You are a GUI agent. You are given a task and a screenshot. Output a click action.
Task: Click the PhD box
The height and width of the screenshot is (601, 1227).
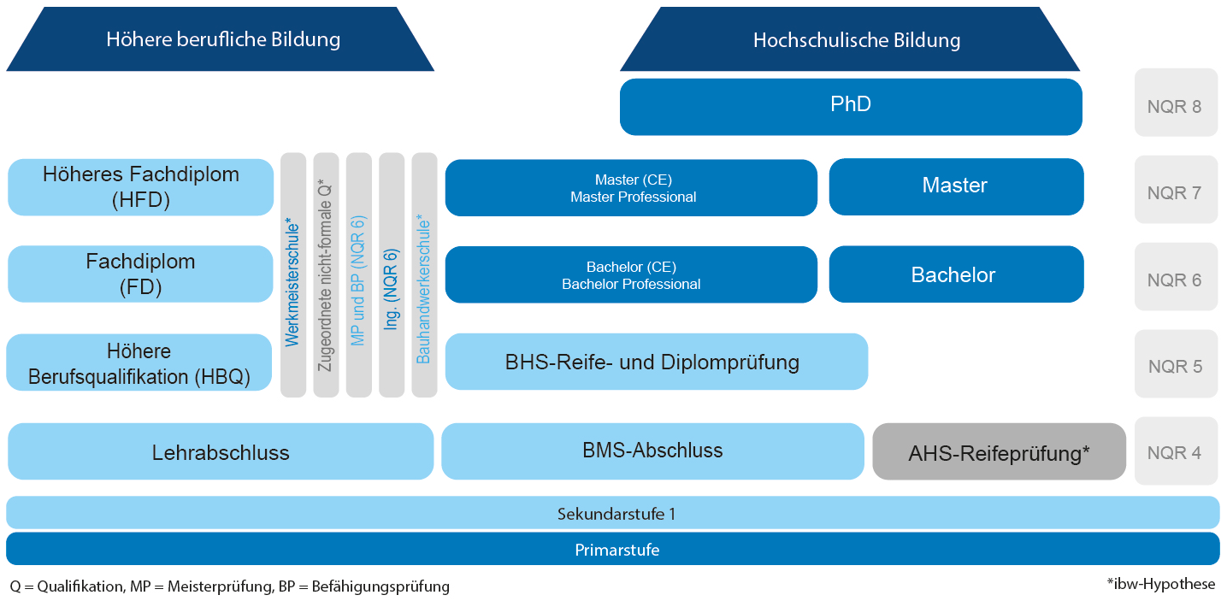(x=851, y=107)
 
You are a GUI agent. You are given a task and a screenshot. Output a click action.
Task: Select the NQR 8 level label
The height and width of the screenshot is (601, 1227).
(x=1176, y=103)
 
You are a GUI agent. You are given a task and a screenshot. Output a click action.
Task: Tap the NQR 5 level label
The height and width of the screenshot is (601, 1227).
(x=1176, y=364)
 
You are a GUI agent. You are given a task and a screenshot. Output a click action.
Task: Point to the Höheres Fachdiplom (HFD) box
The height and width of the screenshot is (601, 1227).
(x=140, y=187)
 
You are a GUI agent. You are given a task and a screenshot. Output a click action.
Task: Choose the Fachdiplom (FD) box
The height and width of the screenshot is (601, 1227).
(x=140, y=274)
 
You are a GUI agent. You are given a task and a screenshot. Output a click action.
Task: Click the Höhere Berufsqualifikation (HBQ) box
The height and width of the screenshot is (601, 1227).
(x=139, y=362)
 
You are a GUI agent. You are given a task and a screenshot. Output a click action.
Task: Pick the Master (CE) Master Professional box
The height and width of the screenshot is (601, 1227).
(x=631, y=188)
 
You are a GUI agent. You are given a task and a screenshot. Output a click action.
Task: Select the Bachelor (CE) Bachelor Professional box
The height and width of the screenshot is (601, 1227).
(x=631, y=274)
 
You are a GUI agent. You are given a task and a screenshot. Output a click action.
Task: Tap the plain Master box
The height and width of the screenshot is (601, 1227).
(x=957, y=187)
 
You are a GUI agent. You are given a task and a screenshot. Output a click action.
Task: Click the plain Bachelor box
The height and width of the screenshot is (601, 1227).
(x=957, y=274)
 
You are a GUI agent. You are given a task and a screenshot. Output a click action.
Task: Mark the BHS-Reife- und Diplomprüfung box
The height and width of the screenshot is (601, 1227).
(x=656, y=362)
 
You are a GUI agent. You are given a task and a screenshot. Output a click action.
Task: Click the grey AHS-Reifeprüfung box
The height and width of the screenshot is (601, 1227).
(x=999, y=451)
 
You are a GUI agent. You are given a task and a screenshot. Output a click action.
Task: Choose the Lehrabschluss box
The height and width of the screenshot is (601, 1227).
(x=221, y=451)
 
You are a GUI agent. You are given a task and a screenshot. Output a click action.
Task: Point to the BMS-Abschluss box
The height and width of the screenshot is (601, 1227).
(x=653, y=451)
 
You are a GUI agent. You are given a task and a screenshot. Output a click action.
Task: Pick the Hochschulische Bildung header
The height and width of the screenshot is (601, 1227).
(x=850, y=38)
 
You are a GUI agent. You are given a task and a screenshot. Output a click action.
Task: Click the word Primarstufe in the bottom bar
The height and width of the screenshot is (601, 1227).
(x=616, y=550)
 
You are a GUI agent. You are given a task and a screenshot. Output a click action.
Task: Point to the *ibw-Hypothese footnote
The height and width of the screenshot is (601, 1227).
(x=1160, y=584)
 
